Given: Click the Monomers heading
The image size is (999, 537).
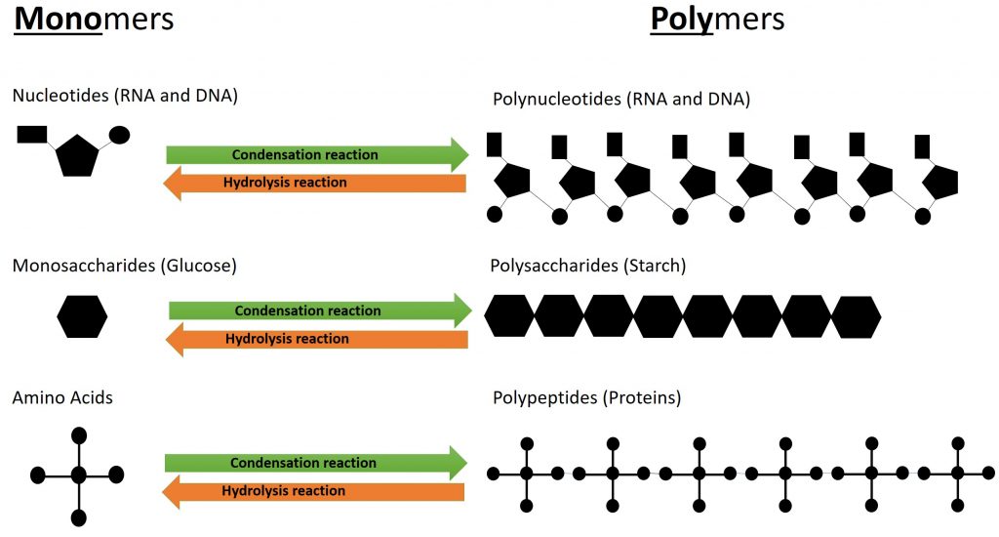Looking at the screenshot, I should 94,20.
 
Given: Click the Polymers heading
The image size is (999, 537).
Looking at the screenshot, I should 717,20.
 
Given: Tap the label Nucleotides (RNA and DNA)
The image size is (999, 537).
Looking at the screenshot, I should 125,96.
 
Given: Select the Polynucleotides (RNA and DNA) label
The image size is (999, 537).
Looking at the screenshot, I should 621,99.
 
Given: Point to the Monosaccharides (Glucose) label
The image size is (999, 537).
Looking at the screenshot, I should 125,265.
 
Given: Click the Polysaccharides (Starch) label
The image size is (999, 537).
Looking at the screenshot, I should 589,265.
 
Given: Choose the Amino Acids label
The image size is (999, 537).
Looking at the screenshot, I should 62,397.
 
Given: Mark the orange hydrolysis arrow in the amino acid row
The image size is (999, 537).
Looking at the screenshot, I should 312,491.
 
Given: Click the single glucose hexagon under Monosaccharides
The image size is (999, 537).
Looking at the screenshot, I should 82,317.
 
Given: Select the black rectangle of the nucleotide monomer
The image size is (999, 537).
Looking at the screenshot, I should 32,135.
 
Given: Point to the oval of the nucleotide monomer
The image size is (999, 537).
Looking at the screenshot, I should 119,135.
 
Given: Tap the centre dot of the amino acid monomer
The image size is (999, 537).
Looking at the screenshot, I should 79,475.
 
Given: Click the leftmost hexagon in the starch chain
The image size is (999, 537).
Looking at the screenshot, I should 510,315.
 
